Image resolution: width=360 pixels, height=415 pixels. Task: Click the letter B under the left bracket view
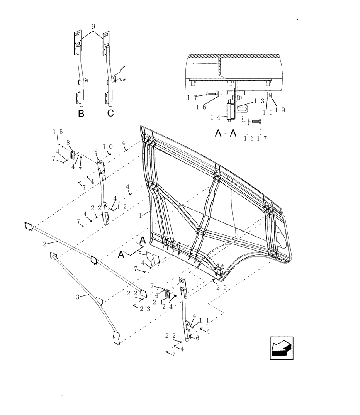pyautogui.click(x=81, y=114)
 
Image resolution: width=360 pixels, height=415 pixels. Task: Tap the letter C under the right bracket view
pyautogui.click(x=110, y=113)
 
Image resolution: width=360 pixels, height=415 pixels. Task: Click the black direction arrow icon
pyautogui.click(x=282, y=348)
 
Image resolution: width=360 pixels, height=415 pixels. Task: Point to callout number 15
pyautogui.click(x=58, y=132)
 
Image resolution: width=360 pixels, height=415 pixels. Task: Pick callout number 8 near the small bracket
pyautogui.click(x=68, y=142)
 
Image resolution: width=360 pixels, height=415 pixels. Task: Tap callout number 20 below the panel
pyautogui.click(x=221, y=287)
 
